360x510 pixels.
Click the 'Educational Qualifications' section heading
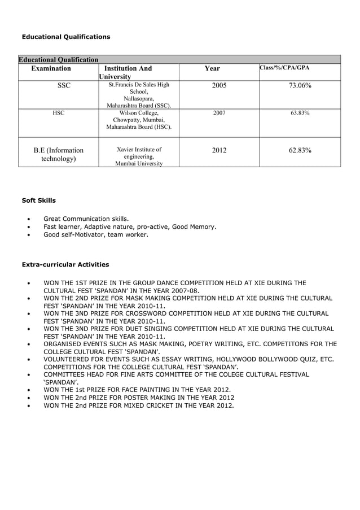pos(65,37)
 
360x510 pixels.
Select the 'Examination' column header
pos(51,68)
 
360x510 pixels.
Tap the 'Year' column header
pos(212,68)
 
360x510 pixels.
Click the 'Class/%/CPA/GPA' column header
pos(284,68)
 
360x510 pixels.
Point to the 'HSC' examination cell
pos(58,113)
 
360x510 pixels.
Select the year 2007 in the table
pos(219,113)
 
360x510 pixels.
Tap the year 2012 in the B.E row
pos(219,150)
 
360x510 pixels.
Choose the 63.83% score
pos(300,113)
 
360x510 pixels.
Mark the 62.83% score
pos(300,150)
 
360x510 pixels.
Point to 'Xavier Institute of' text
pos(139,150)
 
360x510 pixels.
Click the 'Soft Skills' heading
pos(38,200)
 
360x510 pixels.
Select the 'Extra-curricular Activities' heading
pos(65,264)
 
